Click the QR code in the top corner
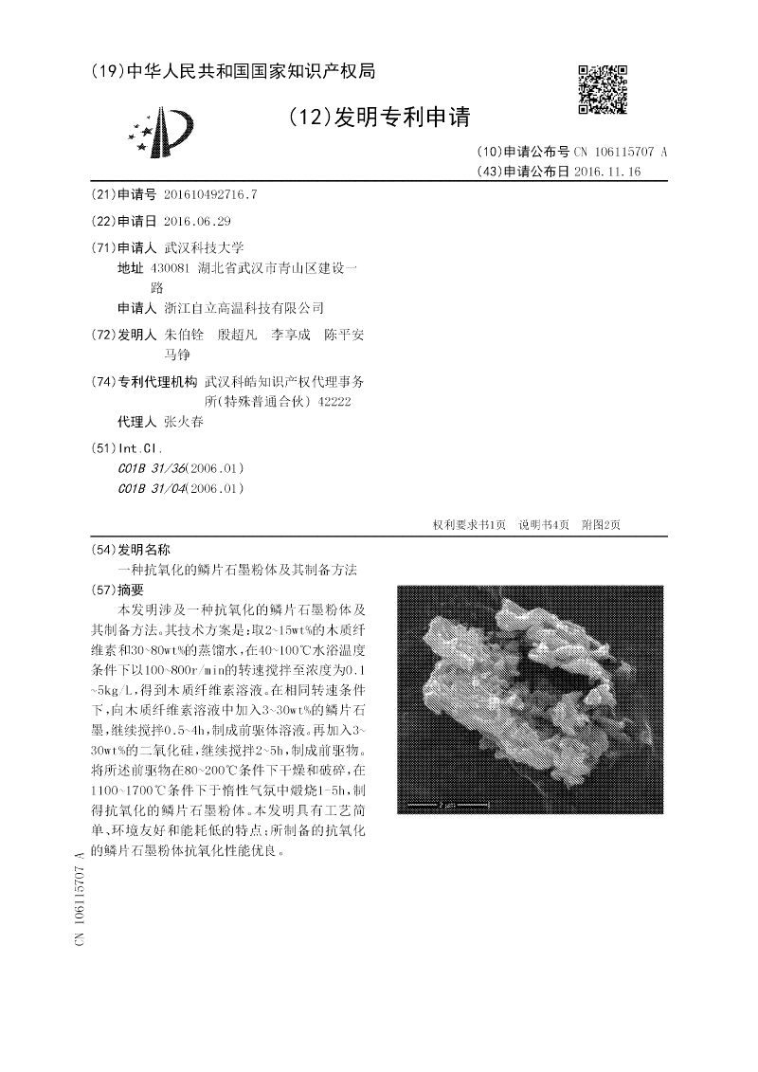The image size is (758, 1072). click(x=603, y=89)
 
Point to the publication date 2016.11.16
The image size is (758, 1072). click(x=607, y=172)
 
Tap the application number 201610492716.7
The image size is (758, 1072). click(x=210, y=195)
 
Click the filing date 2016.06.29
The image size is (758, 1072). click(x=197, y=222)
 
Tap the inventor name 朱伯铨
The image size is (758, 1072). click(x=184, y=336)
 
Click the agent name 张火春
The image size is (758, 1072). click(x=183, y=422)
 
